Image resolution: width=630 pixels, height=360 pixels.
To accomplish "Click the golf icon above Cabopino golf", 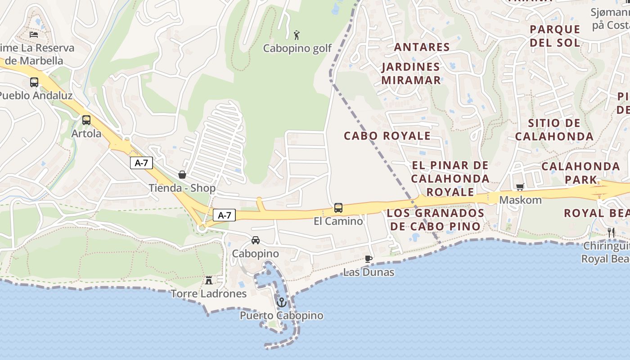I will [297, 35].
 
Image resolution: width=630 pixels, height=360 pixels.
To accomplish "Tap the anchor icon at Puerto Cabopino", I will [282, 302].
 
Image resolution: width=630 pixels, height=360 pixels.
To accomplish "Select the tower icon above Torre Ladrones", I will [209, 280].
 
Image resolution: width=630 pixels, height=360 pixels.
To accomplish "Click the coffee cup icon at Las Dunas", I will [369, 259].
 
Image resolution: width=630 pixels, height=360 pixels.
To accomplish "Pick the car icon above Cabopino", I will [256, 240].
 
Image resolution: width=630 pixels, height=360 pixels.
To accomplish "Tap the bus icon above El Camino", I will [338, 208].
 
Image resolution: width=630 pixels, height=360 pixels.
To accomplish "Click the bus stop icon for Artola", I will [86, 120].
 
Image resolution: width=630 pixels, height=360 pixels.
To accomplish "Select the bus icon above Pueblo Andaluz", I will [34, 82].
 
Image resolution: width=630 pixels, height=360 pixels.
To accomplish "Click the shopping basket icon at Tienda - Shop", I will [182, 175].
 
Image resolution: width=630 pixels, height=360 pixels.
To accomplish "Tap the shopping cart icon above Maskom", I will [520, 187].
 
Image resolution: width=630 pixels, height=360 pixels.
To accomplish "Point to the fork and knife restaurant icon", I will [611, 233].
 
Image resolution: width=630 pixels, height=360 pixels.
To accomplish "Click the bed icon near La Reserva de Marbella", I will [34, 34].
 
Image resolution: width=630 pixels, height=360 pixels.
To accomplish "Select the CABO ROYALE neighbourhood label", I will [387, 135].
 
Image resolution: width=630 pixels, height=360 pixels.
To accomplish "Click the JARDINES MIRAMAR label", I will [411, 73].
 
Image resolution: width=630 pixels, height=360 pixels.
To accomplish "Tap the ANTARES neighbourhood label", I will [422, 47].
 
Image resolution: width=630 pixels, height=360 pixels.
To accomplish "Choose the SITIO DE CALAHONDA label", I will [554, 130].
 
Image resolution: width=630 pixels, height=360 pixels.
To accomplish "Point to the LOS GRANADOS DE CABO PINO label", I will [436, 219].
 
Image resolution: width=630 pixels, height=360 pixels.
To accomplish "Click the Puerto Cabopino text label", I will [281, 315].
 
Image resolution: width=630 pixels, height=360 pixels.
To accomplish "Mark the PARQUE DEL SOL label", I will [555, 36].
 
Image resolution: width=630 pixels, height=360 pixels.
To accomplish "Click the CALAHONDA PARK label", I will [581, 173].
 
